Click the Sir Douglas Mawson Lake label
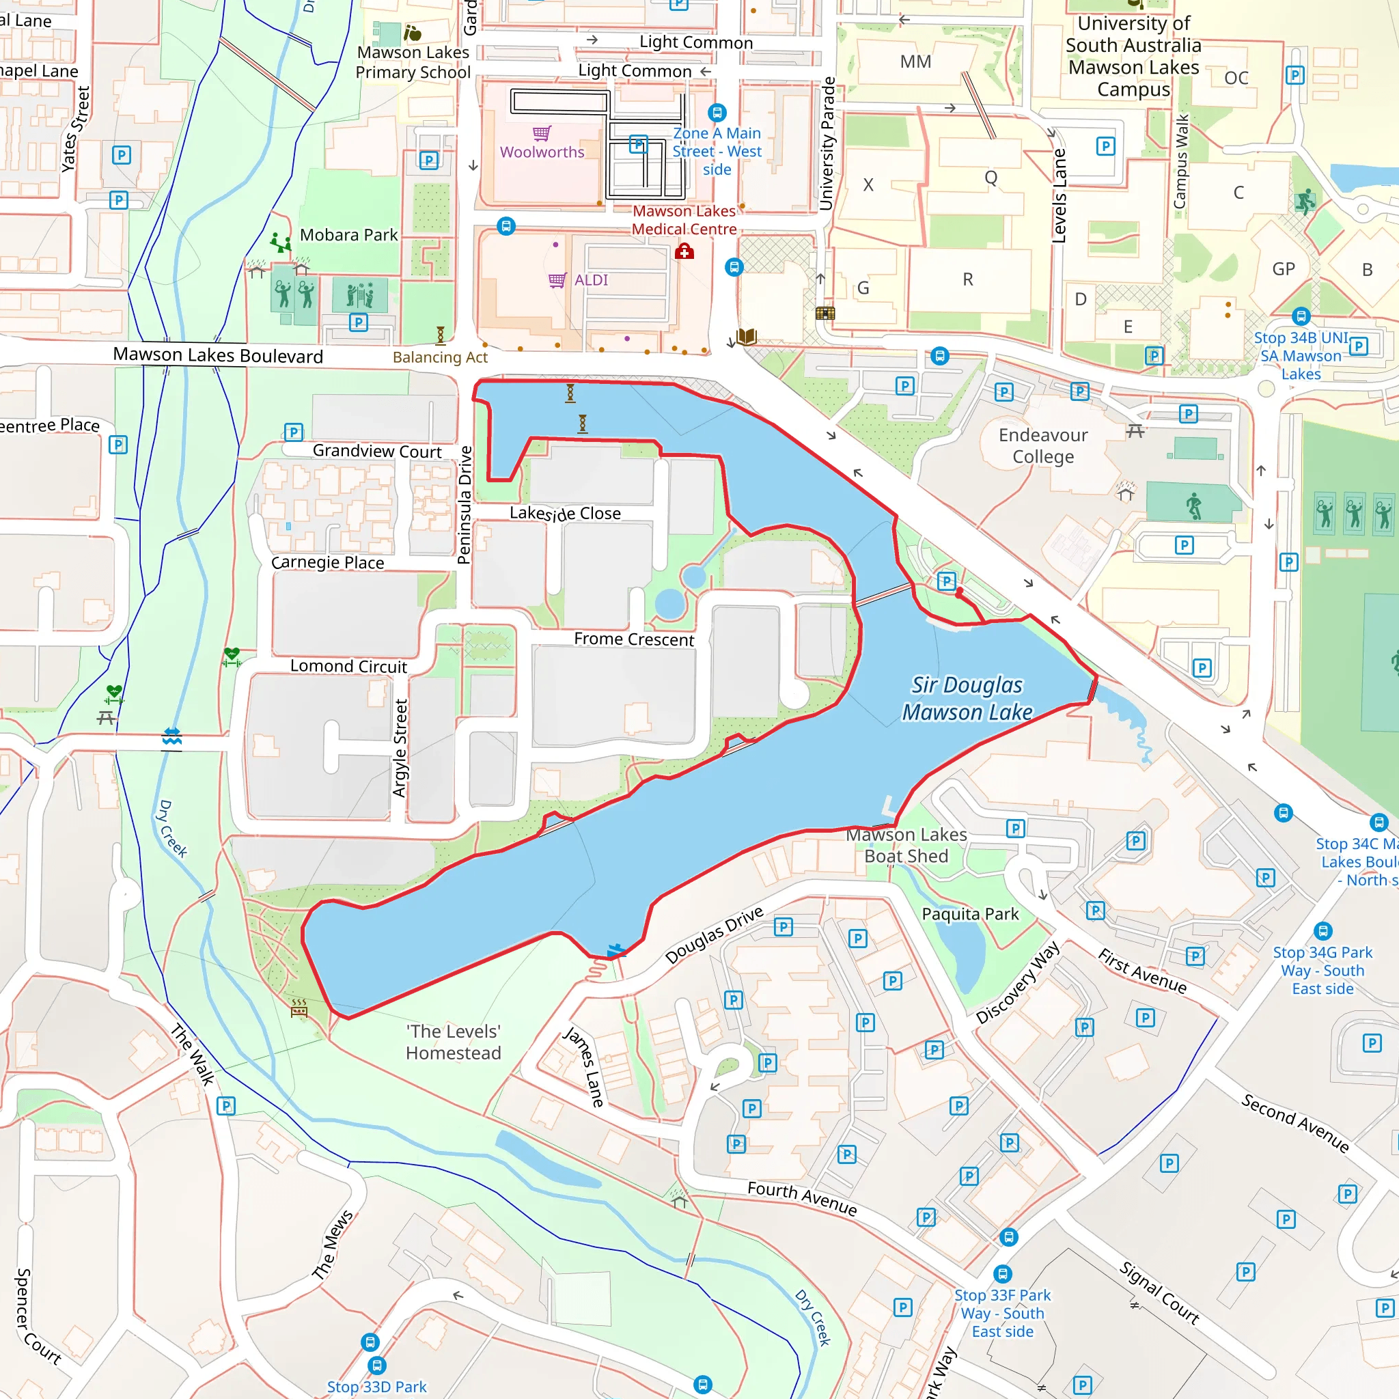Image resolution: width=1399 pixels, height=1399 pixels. pyautogui.click(x=967, y=699)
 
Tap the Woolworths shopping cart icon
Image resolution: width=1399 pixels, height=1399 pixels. pyautogui.click(x=542, y=133)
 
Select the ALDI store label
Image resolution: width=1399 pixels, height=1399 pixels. pyautogui.click(x=591, y=280)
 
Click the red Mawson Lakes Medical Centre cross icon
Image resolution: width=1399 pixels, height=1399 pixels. pyautogui.click(x=684, y=251)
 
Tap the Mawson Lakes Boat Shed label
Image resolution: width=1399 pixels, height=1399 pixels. pyautogui.click(x=906, y=846)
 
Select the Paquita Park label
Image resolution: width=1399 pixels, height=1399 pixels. pyautogui.click(x=969, y=915)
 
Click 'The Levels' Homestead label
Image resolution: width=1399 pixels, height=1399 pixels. pyautogui.click(x=454, y=1042)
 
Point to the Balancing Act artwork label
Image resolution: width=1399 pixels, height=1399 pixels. pyautogui.click(x=441, y=358)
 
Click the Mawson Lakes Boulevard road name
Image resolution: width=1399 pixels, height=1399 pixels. pyautogui.click(x=218, y=355)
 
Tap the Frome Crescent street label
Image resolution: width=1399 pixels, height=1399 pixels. pyautogui.click(x=634, y=639)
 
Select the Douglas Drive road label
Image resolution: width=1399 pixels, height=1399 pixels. pyautogui.click(x=714, y=935)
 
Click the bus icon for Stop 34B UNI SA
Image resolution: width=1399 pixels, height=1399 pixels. pyautogui.click(x=1301, y=316)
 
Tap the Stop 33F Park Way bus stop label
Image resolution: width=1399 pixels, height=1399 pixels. pyautogui.click(x=1002, y=1314)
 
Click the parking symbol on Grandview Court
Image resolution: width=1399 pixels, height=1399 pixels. pyautogui.click(x=293, y=433)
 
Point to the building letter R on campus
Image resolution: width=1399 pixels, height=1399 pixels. pyautogui.click(x=968, y=279)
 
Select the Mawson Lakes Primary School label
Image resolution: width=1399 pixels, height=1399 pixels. pyautogui.click(x=413, y=62)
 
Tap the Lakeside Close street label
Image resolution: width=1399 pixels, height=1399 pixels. pyautogui.click(x=565, y=514)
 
